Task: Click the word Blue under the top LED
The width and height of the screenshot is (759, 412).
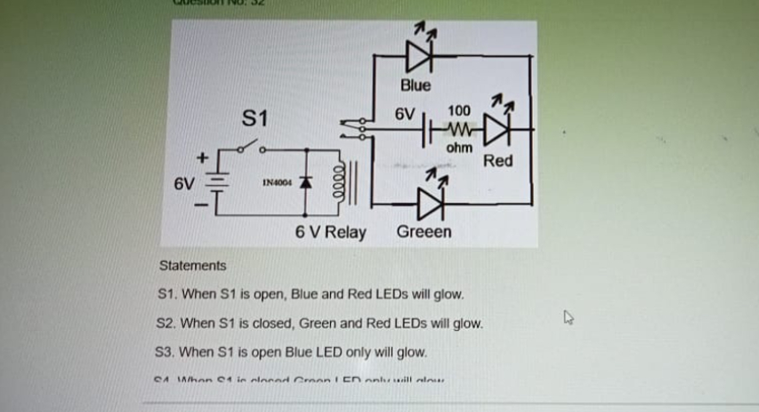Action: (415, 85)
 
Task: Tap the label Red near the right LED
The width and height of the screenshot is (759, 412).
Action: (498, 161)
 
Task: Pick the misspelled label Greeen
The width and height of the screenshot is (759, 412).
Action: (424, 232)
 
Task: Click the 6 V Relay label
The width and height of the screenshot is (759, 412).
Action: (330, 233)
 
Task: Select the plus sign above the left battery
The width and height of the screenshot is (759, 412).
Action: (202, 157)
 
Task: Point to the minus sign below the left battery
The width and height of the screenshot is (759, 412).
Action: (201, 208)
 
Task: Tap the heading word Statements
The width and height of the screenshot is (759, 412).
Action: (192, 265)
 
